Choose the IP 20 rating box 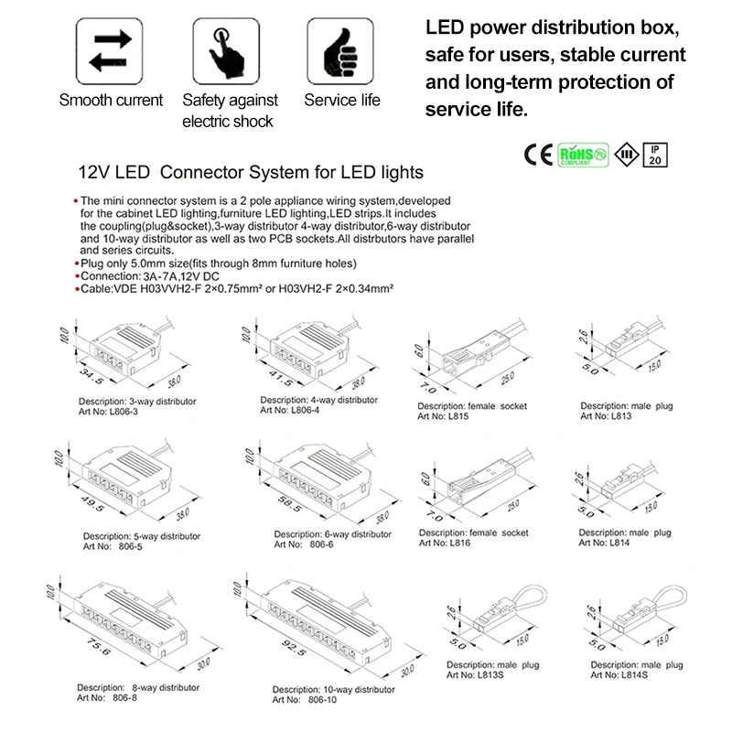655,154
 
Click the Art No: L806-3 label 109,411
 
